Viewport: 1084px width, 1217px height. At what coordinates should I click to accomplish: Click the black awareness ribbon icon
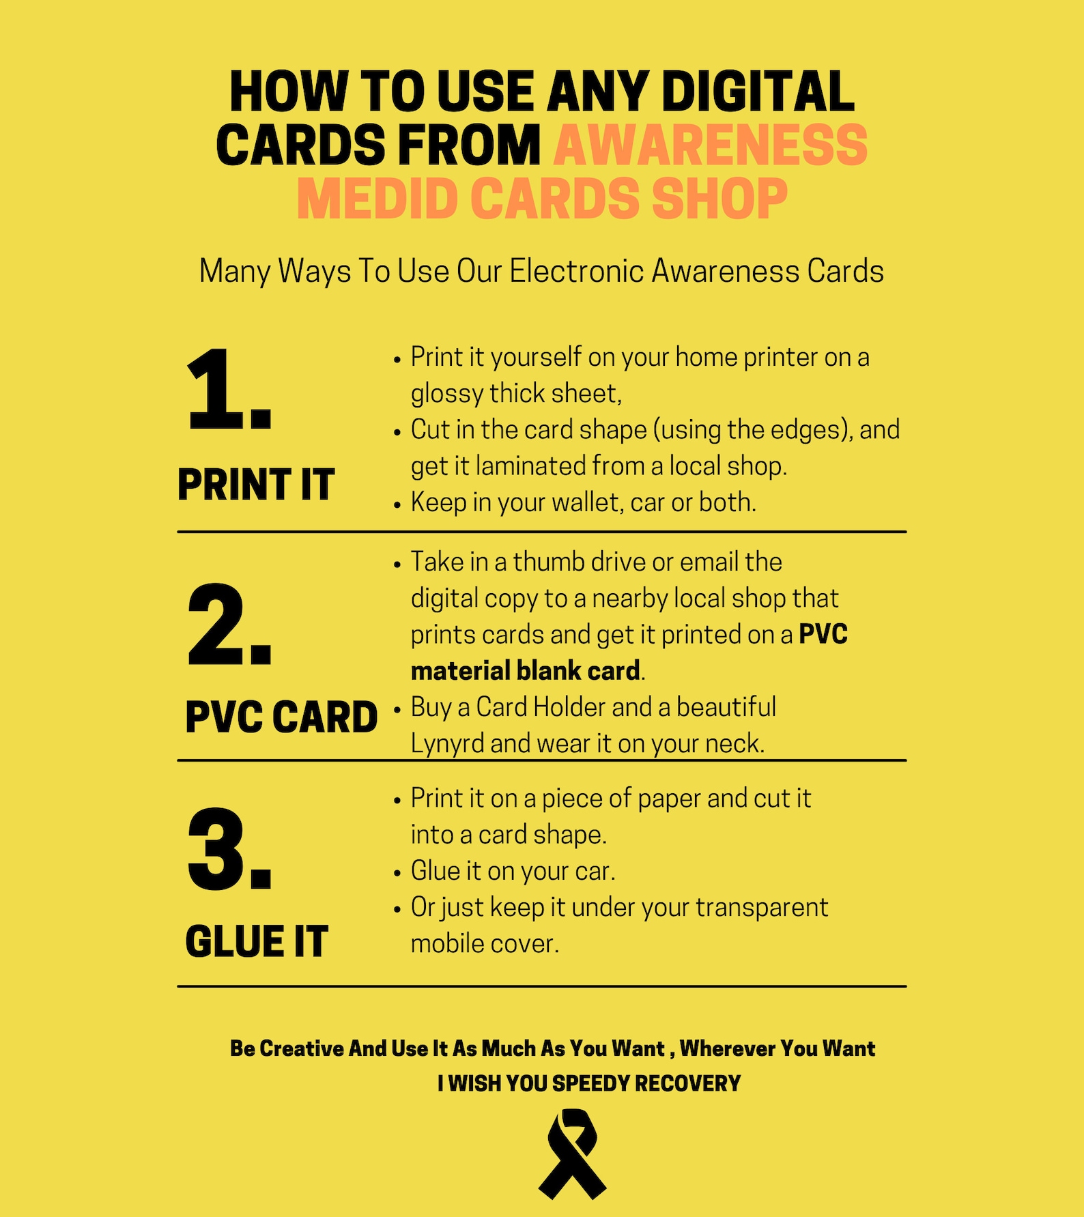pos(572,1154)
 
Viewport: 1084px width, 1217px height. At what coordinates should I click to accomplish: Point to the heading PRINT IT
pos(256,485)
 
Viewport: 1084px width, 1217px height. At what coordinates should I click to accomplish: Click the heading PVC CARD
pos(281,717)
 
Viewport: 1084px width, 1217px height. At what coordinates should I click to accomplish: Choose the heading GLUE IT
pos(257,942)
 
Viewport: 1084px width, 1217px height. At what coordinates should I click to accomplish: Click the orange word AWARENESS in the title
pos(710,145)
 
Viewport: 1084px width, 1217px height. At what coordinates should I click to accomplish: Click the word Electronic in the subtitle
pos(577,271)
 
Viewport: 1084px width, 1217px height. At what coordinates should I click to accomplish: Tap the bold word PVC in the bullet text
pos(823,635)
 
